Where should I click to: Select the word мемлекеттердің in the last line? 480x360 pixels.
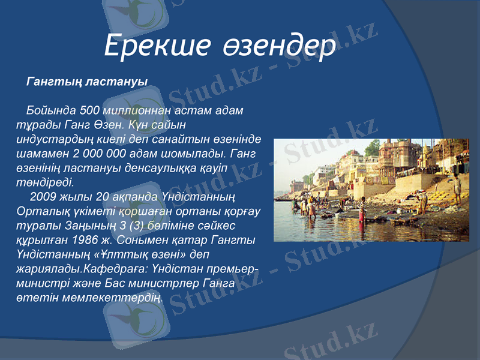pos(116,296)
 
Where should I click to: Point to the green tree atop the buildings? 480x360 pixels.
pos(373,148)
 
